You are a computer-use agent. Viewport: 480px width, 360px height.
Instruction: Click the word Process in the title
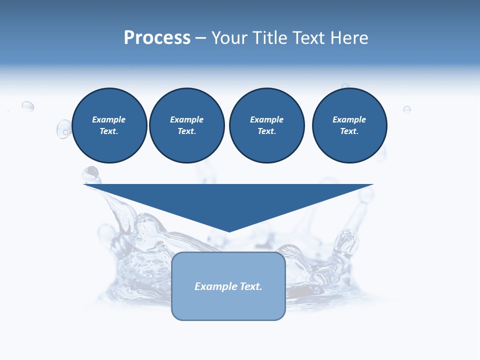coord(157,38)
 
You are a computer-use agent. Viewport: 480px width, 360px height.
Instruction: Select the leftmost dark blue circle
coord(109,125)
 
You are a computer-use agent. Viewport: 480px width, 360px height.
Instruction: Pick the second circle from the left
coord(187,125)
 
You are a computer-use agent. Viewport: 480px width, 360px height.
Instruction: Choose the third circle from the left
coord(267,125)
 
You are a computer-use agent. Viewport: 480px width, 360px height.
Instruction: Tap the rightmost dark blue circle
coord(349,125)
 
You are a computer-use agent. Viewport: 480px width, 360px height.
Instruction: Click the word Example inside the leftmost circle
coord(109,119)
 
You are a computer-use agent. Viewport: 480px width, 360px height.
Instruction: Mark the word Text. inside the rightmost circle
coord(349,131)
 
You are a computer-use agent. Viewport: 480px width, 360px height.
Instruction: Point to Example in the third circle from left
coord(267,119)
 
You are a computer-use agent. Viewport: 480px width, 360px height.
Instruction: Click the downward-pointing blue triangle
coord(228,200)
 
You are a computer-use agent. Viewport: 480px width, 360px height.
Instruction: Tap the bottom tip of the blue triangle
coord(229,230)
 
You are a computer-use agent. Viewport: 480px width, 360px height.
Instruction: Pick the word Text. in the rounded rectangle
coord(251,286)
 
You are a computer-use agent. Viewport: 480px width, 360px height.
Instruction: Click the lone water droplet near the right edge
coord(407,109)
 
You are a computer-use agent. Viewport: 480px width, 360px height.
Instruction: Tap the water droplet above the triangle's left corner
coord(91,173)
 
